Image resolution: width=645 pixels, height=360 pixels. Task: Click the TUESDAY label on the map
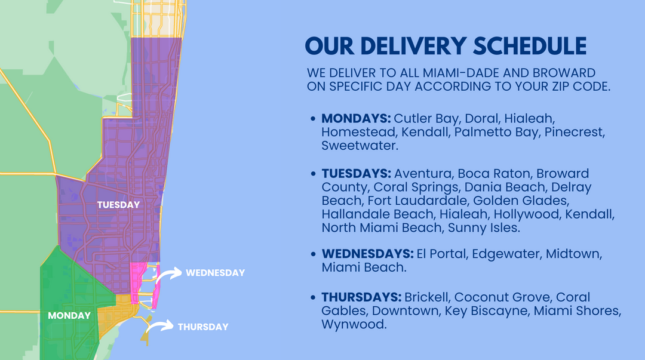118,205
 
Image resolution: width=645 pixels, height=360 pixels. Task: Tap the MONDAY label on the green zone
70,315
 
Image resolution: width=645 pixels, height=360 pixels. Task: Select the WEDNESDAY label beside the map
215,273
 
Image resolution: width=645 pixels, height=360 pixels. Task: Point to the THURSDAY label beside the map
202,327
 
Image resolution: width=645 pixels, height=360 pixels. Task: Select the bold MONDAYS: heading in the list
356,118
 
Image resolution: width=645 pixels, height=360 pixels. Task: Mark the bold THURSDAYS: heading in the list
361,297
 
